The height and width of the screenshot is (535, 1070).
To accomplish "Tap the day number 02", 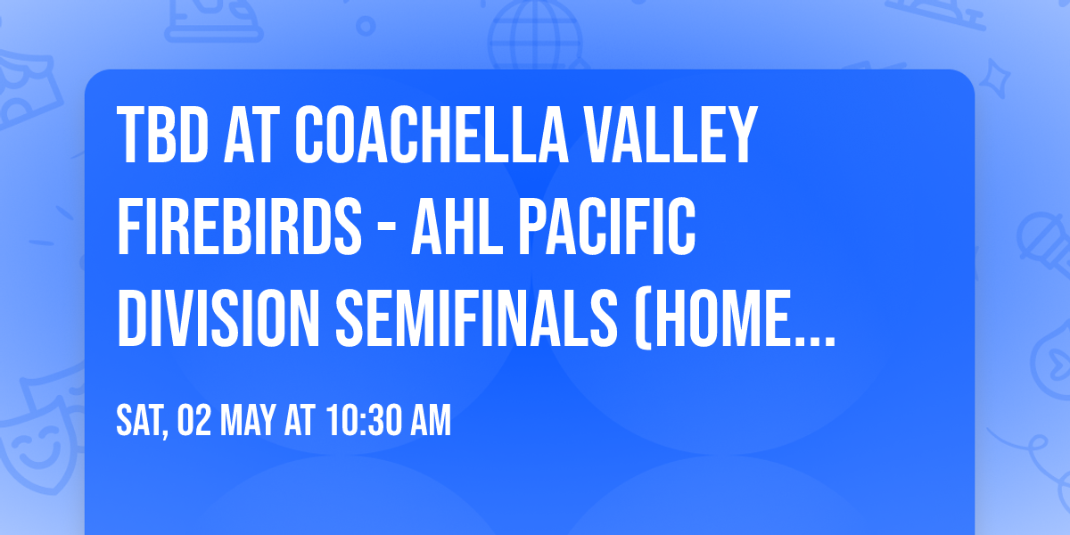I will pyautogui.click(x=193, y=421).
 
